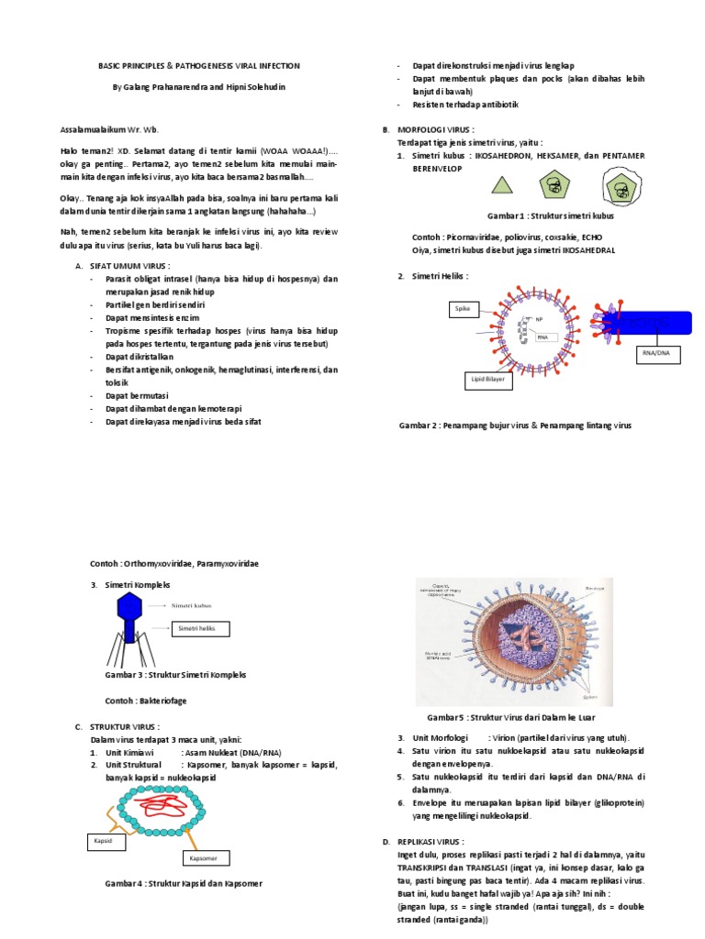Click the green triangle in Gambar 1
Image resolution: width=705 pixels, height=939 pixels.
501,185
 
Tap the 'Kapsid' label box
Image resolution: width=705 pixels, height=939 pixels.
102,838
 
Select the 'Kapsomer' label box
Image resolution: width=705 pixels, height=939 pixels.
204,858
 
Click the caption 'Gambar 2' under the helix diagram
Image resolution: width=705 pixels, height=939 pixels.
420,425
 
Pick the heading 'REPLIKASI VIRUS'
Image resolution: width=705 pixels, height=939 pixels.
431,841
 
